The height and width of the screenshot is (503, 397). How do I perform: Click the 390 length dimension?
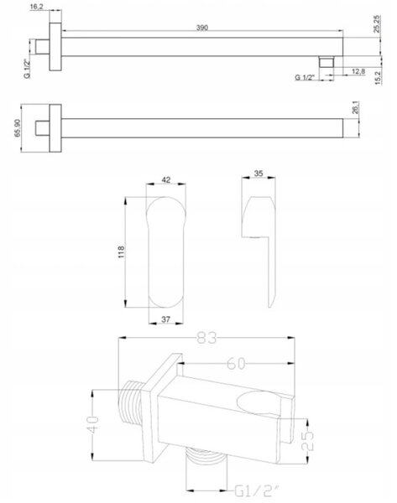(x=202, y=28)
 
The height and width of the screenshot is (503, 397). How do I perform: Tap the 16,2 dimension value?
(x=36, y=7)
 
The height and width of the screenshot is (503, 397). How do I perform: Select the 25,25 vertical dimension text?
(x=377, y=24)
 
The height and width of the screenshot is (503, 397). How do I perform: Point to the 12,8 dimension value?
(x=358, y=71)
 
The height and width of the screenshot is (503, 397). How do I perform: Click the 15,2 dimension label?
(x=378, y=78)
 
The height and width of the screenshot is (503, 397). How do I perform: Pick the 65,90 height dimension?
(x=18, y=128)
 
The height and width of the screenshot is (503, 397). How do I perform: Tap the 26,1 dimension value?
(x=355, y=107)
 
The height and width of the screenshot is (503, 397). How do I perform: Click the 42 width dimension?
(x=165, y=180)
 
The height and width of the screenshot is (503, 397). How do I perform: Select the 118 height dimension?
(x=121, y=252)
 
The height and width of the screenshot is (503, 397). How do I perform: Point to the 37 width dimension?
(x=165, y=319)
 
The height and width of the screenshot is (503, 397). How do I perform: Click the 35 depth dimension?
(x=259, y=174)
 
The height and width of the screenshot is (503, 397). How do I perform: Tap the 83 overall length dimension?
(x=207, y=338)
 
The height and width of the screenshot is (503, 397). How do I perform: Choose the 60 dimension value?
(x=236, y=364)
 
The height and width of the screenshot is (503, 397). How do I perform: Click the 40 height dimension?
(x=93, y=425)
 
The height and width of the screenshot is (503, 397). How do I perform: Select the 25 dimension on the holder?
(x=307, y=440)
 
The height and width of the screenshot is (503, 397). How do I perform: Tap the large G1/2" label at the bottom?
(x=258, y=490)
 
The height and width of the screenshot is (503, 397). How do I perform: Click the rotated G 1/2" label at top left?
(x=28, y=70)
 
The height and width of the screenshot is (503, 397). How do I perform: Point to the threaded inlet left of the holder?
(x=130, y=402)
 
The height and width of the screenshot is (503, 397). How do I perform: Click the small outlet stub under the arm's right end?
(x=326, y=61)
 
